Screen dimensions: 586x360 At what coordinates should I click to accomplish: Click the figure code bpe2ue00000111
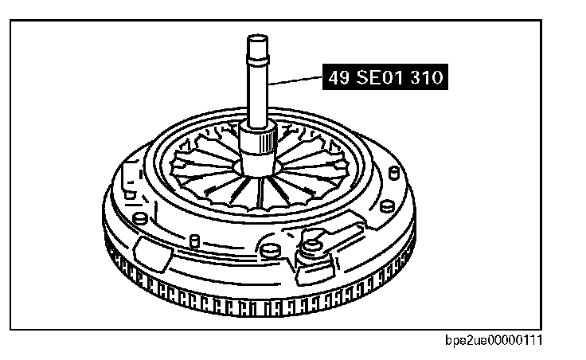tap(496, 340)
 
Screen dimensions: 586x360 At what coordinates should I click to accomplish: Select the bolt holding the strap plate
tap(310, 256)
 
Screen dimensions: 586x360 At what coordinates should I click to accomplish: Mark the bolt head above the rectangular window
tap(140, 217)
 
